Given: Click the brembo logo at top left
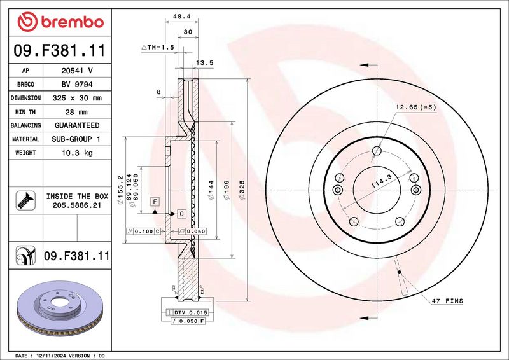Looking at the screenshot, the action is [60, 22].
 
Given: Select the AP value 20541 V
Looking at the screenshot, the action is [77, 71].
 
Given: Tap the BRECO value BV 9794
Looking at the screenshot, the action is [77, 85].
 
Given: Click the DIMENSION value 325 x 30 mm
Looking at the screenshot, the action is [77, 98].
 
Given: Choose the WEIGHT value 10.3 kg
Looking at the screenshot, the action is [77, 153].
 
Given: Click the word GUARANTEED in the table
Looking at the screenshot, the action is [77, 125].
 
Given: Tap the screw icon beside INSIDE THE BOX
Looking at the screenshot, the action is [25, 200].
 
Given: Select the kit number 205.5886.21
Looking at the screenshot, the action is [77, 205].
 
